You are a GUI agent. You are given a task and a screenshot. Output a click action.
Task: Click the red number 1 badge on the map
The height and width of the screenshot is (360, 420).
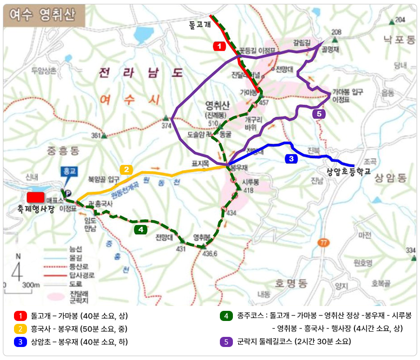[x=219, y=46]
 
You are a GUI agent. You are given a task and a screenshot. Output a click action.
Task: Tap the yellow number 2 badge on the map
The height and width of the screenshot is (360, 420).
[x=126, y=170]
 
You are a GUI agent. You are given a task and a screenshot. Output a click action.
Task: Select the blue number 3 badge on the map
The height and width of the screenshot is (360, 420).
[x=291, y=159]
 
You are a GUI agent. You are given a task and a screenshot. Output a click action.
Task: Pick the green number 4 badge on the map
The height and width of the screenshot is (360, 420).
[x=140, y=229]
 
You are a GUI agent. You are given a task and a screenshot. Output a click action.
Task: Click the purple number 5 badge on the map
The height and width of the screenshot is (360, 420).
[x=319, y=114]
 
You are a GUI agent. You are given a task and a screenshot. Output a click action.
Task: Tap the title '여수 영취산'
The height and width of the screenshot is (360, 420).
[x=40, y=15]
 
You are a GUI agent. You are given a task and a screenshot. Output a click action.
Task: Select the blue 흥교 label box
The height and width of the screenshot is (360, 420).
[x=68, y=171]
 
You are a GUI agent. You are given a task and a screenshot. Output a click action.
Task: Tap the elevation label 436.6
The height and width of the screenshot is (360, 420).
[x=210, y=253]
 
